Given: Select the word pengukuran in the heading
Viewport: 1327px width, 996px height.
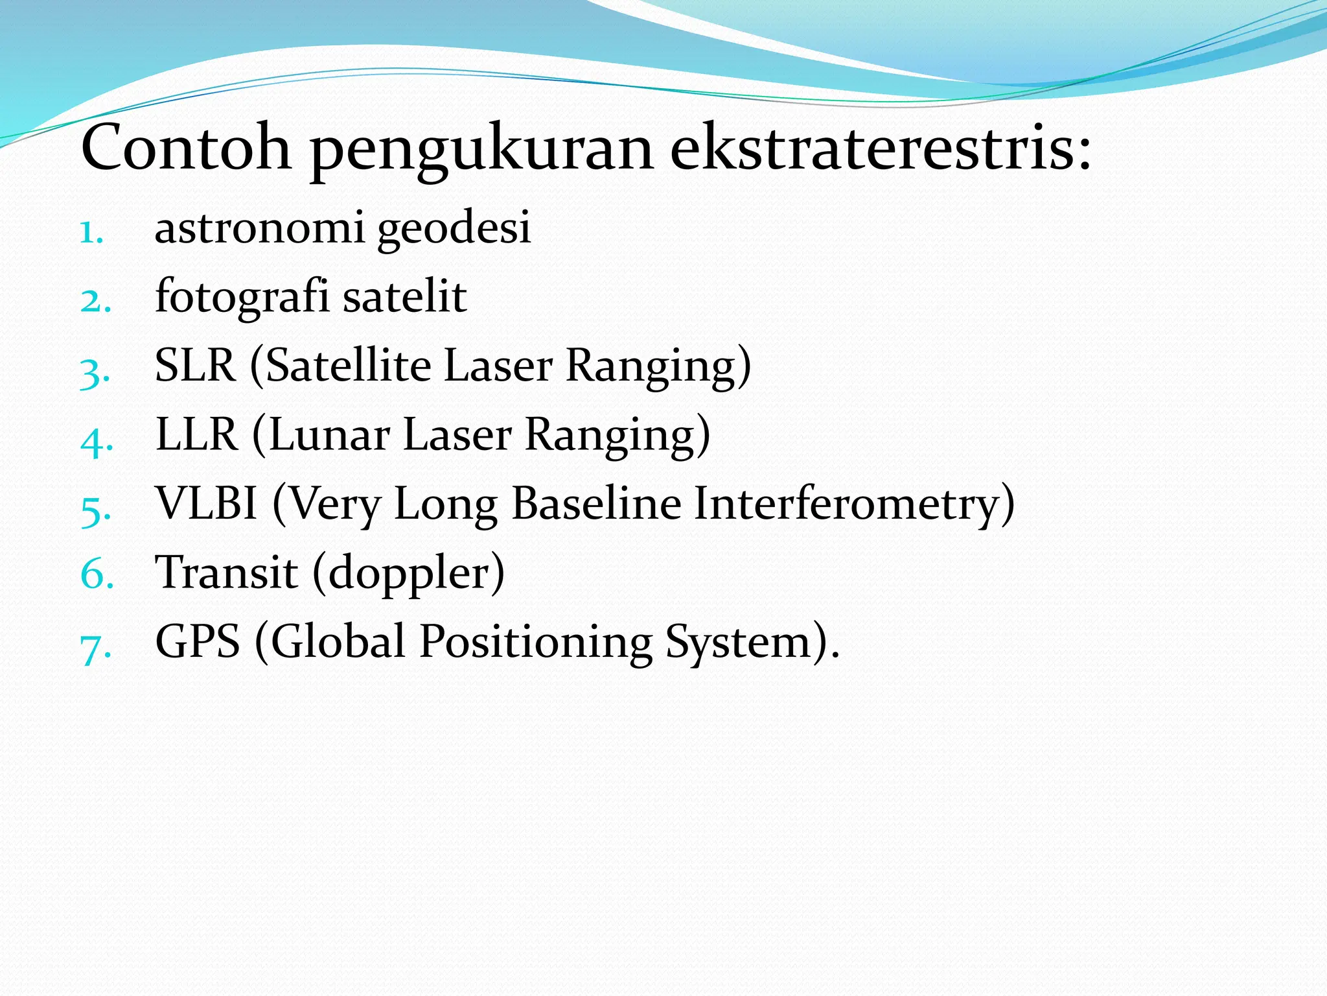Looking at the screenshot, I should (481, 150).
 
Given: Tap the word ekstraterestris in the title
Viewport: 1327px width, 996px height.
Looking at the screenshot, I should (880, 148).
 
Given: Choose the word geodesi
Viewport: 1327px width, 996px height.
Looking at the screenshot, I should (454, 228).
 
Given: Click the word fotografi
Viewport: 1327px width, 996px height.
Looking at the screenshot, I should (242, 297).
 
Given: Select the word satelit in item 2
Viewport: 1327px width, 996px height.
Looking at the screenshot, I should (404, 297).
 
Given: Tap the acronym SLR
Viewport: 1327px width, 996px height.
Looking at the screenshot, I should (195, 365).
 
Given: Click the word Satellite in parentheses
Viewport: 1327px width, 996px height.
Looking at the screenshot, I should (349, 365).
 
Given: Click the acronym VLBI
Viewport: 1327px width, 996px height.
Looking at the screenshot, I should (207, 503).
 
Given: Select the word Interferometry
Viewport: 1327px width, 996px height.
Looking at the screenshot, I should (853, 503).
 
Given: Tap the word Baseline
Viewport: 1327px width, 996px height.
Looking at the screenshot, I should (596, 503).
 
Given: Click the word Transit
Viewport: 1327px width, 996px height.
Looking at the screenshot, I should (227, 573).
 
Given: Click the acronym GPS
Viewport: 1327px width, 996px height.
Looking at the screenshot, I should (198, 641).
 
